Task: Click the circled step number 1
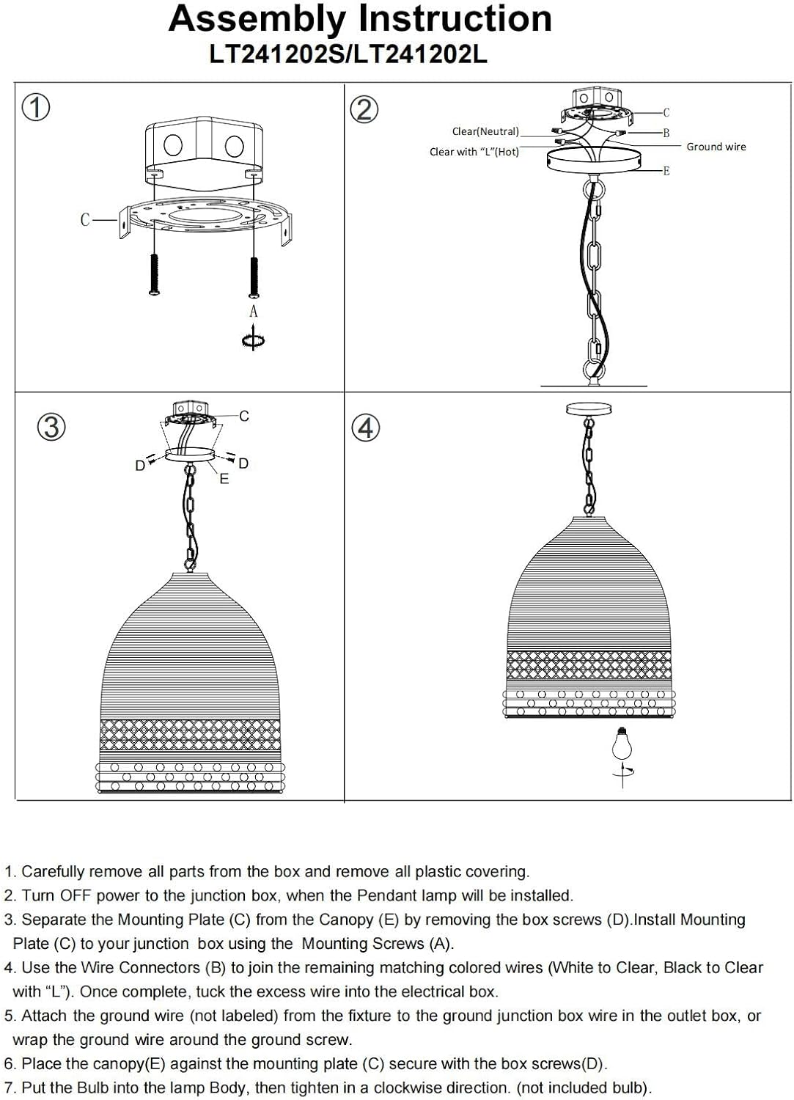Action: [x=36, y=108]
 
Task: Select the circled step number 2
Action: [x=364, y=109]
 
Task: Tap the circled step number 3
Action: [x=51, y=427]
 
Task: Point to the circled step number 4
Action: [x=366, y=428]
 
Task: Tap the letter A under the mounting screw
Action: [x=254, y=312]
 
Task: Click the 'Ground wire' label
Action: [x=716, y=147]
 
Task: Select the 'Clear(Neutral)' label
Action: [x=485, y=131]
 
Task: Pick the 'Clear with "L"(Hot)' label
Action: [x=474, y=152]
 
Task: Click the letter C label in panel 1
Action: [x=85, y=219]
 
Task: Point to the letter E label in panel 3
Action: [x=224, y=478]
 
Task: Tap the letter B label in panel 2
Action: [x=666, y=133]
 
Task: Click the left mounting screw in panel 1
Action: [x=155, y=274]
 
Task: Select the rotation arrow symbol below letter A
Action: [x=254, y=338]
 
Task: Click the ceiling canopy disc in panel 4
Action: [x=589, y=408]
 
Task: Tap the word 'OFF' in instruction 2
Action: [x=76, y=895]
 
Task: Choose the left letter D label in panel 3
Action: [x=140, y=465]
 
